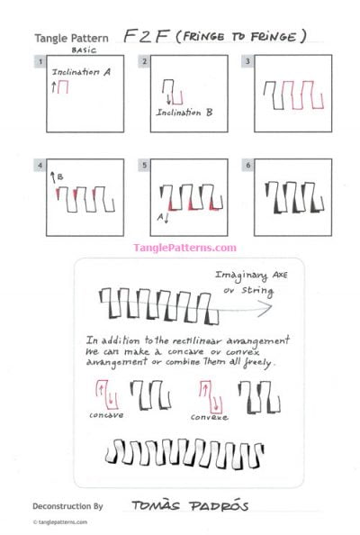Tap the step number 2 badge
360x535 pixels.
tap(144, 61)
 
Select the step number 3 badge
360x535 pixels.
tap(247, 61)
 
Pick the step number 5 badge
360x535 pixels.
tap(144, 165)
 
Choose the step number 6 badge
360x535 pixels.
tap(247, 165)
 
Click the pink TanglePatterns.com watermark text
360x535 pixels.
tap(185, 248)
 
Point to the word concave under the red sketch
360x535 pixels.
tap(106, 415)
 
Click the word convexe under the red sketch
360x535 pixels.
tap(209, 417)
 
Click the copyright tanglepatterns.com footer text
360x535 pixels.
tap(62, 522)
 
